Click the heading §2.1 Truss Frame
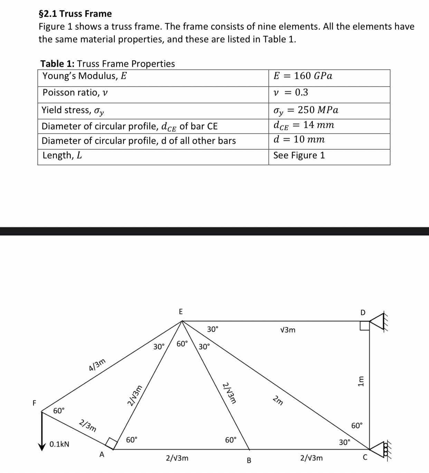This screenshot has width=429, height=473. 75,14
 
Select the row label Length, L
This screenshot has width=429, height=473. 62,155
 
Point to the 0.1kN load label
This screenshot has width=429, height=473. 59,444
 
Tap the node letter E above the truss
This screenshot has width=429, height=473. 180,311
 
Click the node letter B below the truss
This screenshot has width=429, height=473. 249,461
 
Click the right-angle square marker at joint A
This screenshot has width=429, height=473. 111,443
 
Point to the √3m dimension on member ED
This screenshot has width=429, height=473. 288,330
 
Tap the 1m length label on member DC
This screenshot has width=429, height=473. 361,381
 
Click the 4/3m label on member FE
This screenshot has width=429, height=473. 97,365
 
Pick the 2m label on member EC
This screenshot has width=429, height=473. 278,402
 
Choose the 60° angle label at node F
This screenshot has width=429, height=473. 59,411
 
